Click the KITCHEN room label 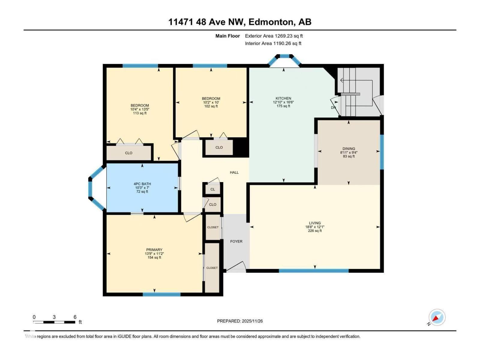point(283,98)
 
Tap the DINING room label point(349,148)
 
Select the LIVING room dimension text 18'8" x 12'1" point(315,227)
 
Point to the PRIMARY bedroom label point(154,250)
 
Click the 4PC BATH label point(142,184)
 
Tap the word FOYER point(236,241)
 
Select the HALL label point(234,172)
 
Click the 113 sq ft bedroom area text point(140,113)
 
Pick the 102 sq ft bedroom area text point(211,106)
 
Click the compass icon point(437,317)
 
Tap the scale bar point(54,322)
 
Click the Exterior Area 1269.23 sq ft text point(274,36)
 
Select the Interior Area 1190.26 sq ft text point(273,43)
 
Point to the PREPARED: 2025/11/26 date point(240,321)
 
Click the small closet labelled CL point(213,189)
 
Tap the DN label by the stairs point(333,108)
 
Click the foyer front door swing point(237,267)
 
